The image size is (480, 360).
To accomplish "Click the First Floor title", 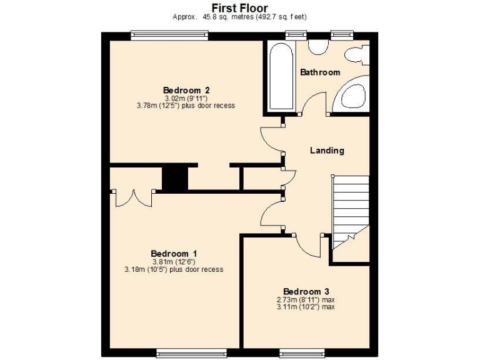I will click(x=239, y=7).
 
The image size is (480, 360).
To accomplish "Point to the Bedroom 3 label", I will click(x=306, y=291).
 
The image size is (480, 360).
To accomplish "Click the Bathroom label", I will click(x=320, y=72).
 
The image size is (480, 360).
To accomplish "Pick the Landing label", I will click(x=327, y=151).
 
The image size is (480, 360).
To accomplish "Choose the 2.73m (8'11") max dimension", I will click(x=306, y=300).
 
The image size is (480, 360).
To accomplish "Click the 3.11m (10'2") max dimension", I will click(x=306, y=307).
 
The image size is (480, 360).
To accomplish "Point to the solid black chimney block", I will click(x=175, y=179).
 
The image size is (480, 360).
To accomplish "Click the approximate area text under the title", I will click(x=239, y=17).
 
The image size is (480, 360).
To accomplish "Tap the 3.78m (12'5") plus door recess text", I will click(x=186, y=106).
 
